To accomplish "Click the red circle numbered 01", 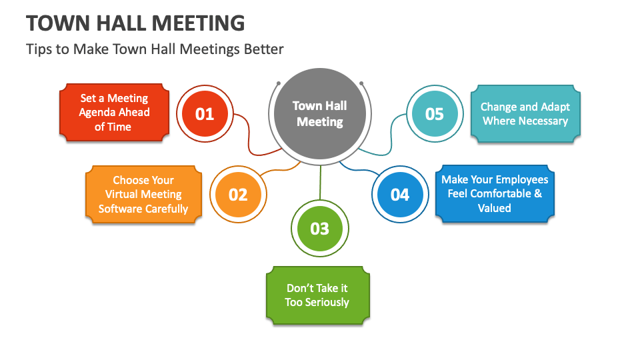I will (x=205, y=114).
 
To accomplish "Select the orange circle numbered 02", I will (x=238, y=195).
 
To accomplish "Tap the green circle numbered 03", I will (x=320, y=229).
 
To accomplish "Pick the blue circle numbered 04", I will (x=399, y=195).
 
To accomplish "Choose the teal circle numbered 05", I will (x=434, y=114).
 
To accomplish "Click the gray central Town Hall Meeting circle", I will (x=320, y=114).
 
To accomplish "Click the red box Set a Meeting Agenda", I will (x=114, y=113).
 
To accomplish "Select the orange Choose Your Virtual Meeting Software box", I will (x=143, y=195).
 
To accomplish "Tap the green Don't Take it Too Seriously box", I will (x=317, y=295).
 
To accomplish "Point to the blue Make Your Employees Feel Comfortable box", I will (x=495, y=194).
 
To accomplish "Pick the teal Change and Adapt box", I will (x=525, y=114).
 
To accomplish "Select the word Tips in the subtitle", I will (x=38, y=49).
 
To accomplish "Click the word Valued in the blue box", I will (x=495, y=208).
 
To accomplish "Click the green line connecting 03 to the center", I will (x=320, y=183).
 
